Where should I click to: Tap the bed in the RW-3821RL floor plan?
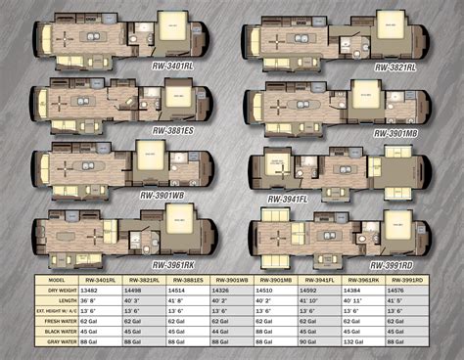pyautogui.click(x=390, y=28)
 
